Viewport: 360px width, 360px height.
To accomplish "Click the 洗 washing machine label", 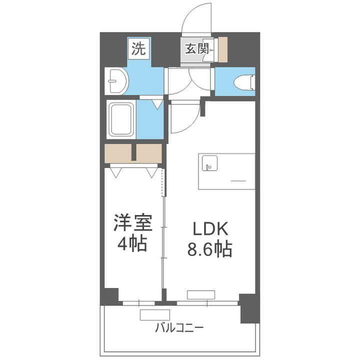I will [139, 48].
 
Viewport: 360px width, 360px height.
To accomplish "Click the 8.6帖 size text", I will [210, 248].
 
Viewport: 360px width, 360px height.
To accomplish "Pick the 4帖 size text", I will [132, 244].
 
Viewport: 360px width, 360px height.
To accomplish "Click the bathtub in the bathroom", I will [121, 120].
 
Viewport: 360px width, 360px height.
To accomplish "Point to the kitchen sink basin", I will [208, 163].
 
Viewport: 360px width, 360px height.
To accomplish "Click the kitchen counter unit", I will [226, 171].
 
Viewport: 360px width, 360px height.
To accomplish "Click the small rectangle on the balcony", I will [155, 315].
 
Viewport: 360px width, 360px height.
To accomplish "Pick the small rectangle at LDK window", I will [201, 294].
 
